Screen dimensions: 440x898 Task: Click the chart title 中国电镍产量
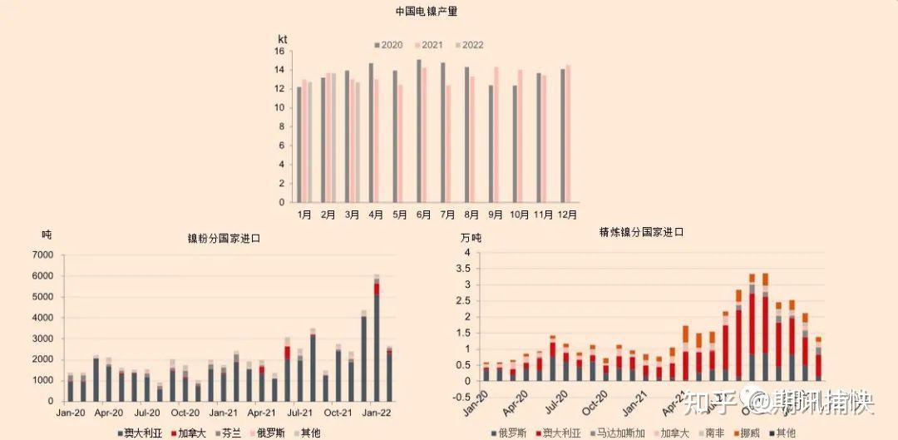coord(426,12)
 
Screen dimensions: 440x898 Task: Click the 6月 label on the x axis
coord(423,215)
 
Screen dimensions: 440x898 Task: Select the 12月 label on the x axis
coord(567,215)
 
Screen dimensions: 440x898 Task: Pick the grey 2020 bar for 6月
coord(418,131)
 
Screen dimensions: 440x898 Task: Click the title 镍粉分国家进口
coord(224,239)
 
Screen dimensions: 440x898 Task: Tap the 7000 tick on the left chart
coord(42,255)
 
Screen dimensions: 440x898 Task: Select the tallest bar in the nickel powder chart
coord(377,337)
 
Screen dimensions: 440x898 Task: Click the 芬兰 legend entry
coord(231,433)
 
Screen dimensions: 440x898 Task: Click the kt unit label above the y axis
coord(283,39)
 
